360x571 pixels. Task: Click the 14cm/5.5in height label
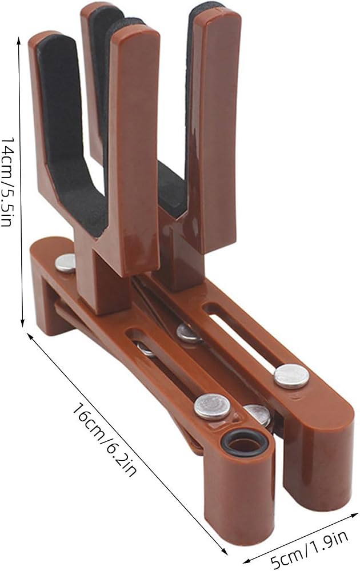coord(8,182)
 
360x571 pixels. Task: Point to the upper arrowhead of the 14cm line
coord(19,39)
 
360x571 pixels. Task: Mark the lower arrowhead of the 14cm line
coord(23,323)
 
